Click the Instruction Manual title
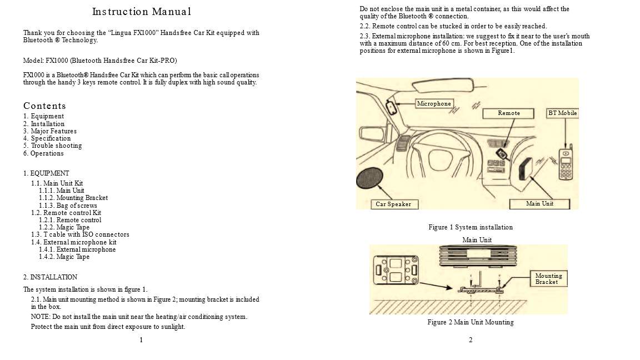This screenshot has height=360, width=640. pyautogui.click(x=141, y=12)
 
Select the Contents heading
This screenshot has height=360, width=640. pyautogui.click(x=44, y=106)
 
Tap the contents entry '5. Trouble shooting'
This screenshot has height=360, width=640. pyautogui.click(x=53, y=146)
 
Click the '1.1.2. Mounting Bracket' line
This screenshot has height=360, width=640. pyautogui.click(x=73, y=198)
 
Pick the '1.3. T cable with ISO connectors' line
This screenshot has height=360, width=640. pyautogui.click(x=80, y=234)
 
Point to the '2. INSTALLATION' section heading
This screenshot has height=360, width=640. pyautogui.click(x=50, y=277)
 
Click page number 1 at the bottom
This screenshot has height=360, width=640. pyautogui.click(x=141, y=340)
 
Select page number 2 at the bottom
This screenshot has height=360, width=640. pyautogui.click(x=471, y=340)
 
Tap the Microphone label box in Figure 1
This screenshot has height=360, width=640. pyautogui.click(x=434, y=103)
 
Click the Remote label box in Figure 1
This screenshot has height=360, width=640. pyautogui.click(x=509, y=113)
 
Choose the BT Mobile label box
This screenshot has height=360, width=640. pyautogui.click(x=563, y=113)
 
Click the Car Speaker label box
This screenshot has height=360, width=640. pyautogui.click(x=394, y=204)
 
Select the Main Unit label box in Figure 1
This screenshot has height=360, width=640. pyautogui.click(x=539, y=204)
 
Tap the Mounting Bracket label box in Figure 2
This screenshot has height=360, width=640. pyautogui.click(x=549, y=279)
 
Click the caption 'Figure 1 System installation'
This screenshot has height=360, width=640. pyautogui.click(x=471, y=227)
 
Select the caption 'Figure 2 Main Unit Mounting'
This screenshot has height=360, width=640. pyautogui.click(x=471, y=322)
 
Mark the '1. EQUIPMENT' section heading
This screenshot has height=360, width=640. pyautogui.click(x=46, y=173)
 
